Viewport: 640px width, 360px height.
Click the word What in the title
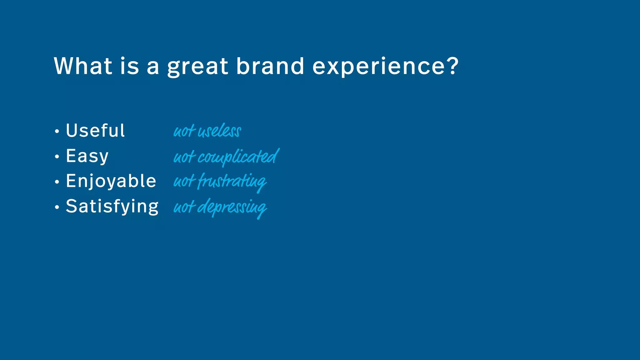pyautogui.click(x=83, y=66)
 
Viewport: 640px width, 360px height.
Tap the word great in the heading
pyautogui.click(x=197, y=67)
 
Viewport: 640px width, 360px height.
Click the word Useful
pyautogui.click(x=95, y=130)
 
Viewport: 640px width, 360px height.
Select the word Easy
pyautogui.click(x=87, y=156)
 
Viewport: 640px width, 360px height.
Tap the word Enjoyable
pyautogui.click(x=111, y=181)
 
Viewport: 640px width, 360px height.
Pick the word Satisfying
pyautogui.click(x=112, y=207)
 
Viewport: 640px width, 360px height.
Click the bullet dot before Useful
pyautogui.click(x=57, y=131)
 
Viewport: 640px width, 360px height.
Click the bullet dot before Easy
pyautogui.click(x=57, y=156)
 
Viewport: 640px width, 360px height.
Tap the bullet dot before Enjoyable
pyautogui.click(x=57, y=182)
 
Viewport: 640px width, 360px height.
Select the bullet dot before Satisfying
pyautogui.click(x=57, y=207)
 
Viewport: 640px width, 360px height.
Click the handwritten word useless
pyautogui.click(x=219, y=131)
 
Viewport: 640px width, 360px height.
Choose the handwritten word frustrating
pyautogui.click(x=232, y=182)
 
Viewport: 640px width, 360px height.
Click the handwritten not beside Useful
pyautogui.click(x=184, y=131)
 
